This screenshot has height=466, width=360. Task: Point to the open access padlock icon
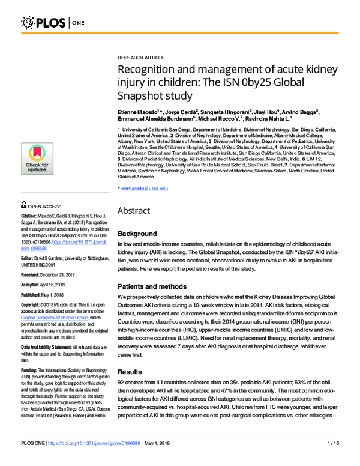[24, 205]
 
